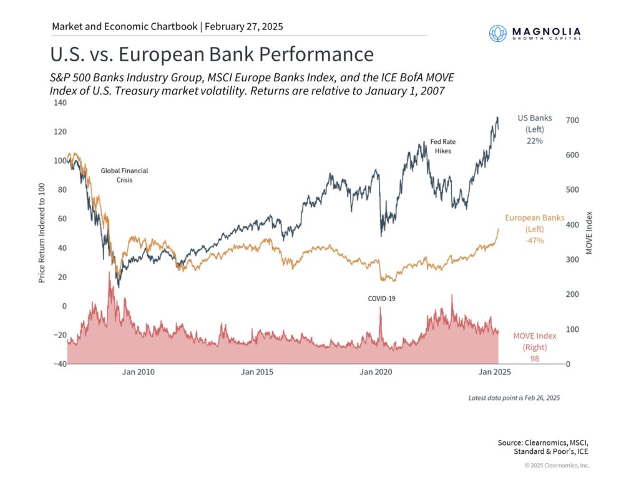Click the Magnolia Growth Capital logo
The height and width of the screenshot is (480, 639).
pos(535,32)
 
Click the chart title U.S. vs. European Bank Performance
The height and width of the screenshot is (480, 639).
pos(212,54)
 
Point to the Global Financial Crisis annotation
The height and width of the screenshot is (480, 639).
pos(125,175)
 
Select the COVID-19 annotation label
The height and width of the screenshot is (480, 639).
pos(381,298)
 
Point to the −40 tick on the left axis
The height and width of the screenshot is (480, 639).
pos(58,364)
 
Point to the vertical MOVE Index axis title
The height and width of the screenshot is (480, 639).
pos(590,232)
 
